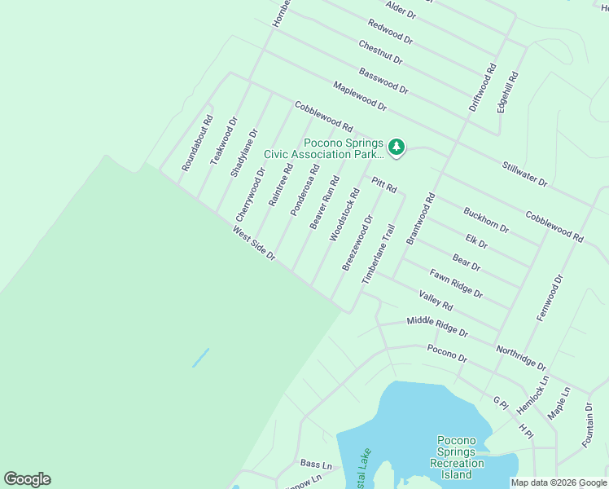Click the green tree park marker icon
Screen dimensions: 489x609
pos(396,147)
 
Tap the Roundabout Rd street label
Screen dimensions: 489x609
pos(197,143)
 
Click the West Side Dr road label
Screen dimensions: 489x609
pos(254,244)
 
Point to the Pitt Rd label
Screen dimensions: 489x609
pos(384,185)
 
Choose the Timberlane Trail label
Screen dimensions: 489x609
pos(379,254)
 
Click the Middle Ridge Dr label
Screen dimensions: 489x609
pos(437,327)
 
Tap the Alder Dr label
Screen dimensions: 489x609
pos(401,10)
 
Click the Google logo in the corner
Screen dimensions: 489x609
pos(27,479)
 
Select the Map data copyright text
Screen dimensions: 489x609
pos(558,482)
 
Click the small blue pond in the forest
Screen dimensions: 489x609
pos(200,358)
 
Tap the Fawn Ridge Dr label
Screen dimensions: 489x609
pos(456,283)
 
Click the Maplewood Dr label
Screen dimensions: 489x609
pos(359,96)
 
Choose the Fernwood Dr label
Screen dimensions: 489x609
pos(550,297)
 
